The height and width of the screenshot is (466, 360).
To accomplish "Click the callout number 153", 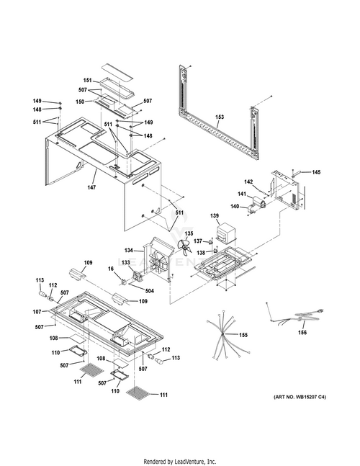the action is click(x=220, y=117).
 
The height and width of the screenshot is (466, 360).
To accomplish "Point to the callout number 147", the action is click(x=91, y=187).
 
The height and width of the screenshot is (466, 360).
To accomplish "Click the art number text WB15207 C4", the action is click(x=300, y=397).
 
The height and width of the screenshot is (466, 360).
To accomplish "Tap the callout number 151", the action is click(x=87, y=80).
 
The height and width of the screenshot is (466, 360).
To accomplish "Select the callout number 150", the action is click(x=80, y=102).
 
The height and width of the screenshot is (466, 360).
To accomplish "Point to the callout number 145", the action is click(x=316, y=172).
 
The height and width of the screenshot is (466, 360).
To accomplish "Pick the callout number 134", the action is click(x=129, y=251).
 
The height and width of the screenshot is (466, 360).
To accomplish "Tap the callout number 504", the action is click(x=150, y=291).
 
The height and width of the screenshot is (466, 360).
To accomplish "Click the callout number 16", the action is click(x=110, y=269).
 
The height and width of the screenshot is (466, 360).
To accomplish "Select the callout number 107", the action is click(x=37, y=312).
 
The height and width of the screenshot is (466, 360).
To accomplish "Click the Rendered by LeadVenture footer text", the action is click(x=180, y=462).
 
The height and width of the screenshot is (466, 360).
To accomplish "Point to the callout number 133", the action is click(x=126, y=262).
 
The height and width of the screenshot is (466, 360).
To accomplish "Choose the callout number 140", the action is click(x=235, y=206).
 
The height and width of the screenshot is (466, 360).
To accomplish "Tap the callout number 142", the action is click(x=248, y=182).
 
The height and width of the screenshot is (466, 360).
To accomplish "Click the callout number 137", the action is click(x=198, y=241).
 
